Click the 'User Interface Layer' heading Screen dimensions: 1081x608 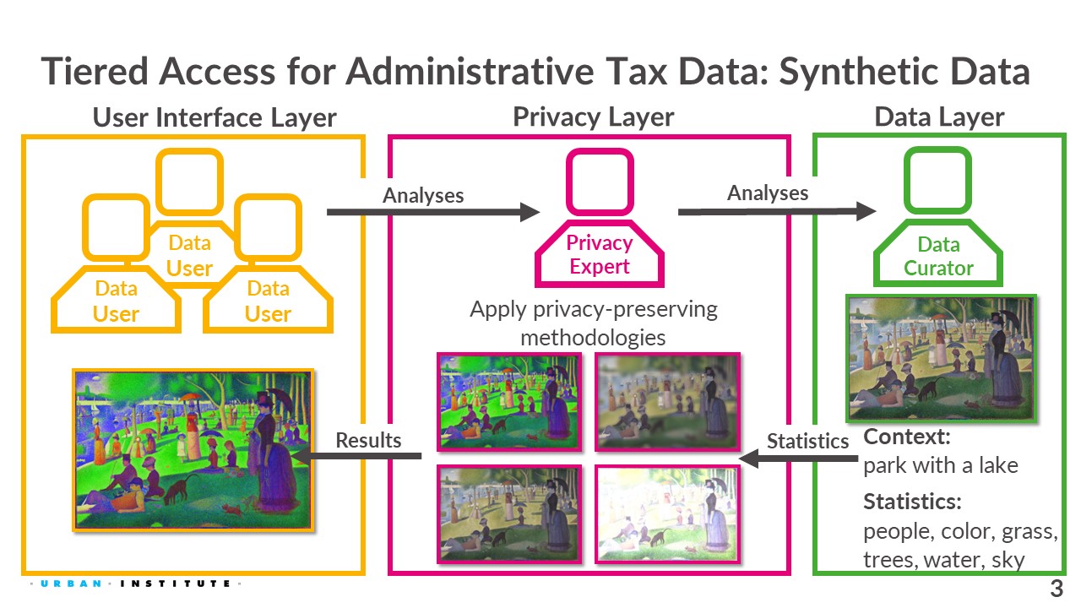pos(215,117)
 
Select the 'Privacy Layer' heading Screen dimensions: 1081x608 pos(593,117)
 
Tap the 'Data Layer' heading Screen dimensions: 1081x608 pos(939,117)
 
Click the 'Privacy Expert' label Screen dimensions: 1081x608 pos(600,254)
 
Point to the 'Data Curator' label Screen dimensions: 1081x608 pos(938,256)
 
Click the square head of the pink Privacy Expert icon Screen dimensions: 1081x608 pos(600,182)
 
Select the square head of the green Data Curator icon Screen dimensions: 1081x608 pos(937,181)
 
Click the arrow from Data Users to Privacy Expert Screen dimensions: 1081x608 pos(433,212)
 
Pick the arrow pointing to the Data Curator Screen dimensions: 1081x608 pos(777,211)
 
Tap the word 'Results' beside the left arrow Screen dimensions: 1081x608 pos(368,440)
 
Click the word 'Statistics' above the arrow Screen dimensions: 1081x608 pos(807,441)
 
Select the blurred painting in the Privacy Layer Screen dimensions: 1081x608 pos(667,402)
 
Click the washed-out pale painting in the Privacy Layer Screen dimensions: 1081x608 pos(667,514)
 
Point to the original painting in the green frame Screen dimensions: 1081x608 pos(941,359)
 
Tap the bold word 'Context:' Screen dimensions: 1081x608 pos(907,437)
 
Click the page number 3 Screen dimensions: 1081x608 pos(1057,589)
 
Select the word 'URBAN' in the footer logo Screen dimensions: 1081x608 pos(71,584)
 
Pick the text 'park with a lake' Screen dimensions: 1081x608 pos(941,465)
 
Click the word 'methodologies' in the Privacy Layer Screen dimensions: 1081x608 pos(593,337)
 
